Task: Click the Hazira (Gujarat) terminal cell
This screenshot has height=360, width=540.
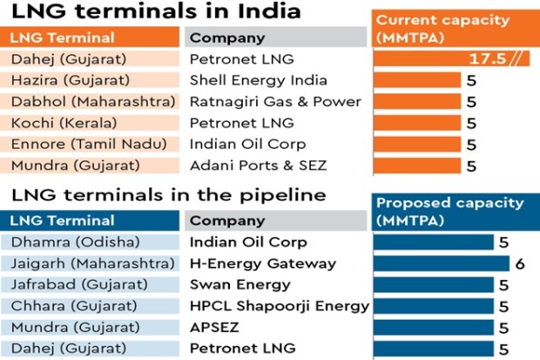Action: [90, 80]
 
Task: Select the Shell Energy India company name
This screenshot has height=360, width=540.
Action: [259, 80]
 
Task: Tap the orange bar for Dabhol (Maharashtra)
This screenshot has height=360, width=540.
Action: [417, 101]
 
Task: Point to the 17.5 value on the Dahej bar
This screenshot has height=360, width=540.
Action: [488, 58]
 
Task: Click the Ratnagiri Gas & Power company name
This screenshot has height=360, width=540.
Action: [275, 101]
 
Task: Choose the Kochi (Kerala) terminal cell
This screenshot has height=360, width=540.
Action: [90, 123]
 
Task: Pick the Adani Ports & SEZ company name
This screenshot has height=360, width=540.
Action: [259, 166]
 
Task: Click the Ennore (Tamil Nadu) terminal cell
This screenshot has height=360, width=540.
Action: [90, 144]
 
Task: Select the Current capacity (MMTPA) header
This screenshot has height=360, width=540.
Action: [456, 28]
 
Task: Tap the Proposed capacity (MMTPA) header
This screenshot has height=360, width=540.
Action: [456, 212]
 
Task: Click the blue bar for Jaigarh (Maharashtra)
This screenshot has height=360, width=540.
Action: [442, 263]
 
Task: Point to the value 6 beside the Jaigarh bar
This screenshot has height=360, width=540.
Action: [520, 264]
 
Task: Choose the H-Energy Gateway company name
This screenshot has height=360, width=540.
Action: [263, 263]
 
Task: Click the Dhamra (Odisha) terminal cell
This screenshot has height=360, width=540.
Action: [90, 241]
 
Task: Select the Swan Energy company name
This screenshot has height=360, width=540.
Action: [240, 285]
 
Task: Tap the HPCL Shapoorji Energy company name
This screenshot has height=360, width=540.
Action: [280, 306]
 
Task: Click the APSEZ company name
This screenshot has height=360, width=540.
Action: [214, 327]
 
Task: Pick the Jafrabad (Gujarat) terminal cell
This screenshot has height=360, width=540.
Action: [90, 284]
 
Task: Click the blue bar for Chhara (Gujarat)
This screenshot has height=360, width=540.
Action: [434, 306]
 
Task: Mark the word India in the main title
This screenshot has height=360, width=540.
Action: [270, 10]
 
